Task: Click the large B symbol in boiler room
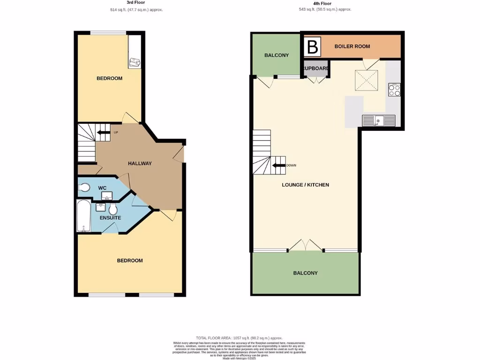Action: point(313,46)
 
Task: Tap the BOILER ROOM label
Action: point(352,46)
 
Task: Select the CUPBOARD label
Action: point(316,68)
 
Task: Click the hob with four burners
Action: point(394,90)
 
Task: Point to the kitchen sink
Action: point(378,120)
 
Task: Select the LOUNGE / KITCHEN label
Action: point(305,185)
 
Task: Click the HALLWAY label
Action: point(140,164)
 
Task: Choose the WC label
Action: point(102,188)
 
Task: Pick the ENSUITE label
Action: point(110,217)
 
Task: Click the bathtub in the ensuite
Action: point(83,216)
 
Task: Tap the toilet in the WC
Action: point(84,187)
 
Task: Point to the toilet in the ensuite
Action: point(114,208)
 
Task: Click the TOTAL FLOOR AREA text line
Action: point(239,337)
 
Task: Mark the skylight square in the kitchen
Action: point(366,82)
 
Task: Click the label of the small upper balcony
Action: point(277,55)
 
